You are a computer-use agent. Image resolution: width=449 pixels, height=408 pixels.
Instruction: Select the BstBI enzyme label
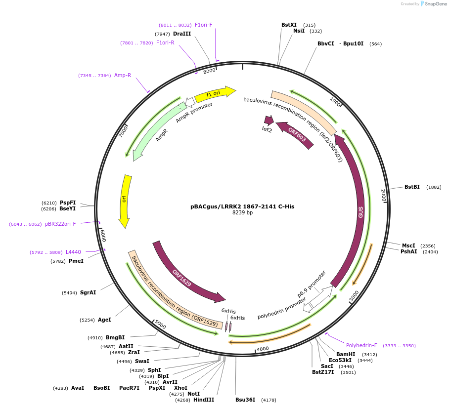pyautogui.click(x=412, y=187)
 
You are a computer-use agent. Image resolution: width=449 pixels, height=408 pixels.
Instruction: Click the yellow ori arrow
pyautogui.click(x=125, y=200)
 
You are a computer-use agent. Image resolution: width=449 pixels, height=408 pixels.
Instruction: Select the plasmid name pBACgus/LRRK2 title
pyautogui.click(x=242, y=206)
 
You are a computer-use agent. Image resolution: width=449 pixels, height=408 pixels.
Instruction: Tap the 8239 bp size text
pyautogui.click(x=242, y=213)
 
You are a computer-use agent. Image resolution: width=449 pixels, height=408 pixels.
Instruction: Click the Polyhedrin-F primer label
pyautogui.click(x=361, y=345)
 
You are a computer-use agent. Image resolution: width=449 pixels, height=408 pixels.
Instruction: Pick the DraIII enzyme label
pyautogui.click(x=182, y=34)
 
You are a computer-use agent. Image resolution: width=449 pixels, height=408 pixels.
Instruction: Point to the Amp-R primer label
pyautogui.click(x=123, y=75)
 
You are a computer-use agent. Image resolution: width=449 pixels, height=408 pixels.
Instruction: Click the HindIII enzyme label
pyautogui.click(x=204, y=400)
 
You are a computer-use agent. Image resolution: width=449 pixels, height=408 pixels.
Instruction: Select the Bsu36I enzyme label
pyautogui.click(x=245, y=400)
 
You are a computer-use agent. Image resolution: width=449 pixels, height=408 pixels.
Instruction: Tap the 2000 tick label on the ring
pyautogui.click(x=383, y=196)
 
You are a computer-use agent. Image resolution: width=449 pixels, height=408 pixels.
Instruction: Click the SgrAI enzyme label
pyautogui.click(x=88, y=292)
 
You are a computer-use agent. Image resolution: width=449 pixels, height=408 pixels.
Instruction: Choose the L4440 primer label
pyautogui.click(x=73, y=252)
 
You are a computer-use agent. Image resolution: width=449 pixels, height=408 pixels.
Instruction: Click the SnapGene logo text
pyautogui.click(x=435, y=4)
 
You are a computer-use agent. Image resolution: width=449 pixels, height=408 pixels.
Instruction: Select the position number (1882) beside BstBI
pyautogui.click(x=434, y=187)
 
